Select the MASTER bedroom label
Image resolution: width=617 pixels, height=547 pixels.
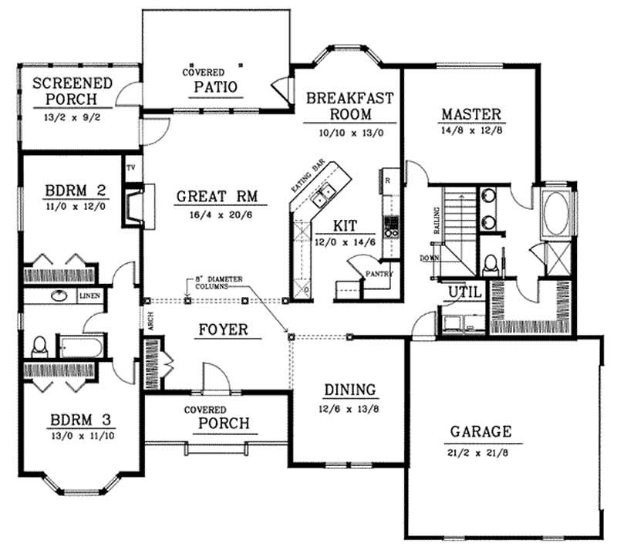click(471, 115)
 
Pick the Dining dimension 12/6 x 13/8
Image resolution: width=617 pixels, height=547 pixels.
click(349, 408)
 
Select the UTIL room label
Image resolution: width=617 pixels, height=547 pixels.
click(465, 292)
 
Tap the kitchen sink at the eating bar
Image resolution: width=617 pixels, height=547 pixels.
click(323, 194)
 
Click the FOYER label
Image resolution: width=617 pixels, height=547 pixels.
click(222, 330)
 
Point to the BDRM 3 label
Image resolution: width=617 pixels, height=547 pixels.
click(81, 420)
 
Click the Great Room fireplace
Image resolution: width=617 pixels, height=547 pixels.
click(136, 205)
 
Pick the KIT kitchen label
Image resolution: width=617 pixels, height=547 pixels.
click(344, 226)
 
